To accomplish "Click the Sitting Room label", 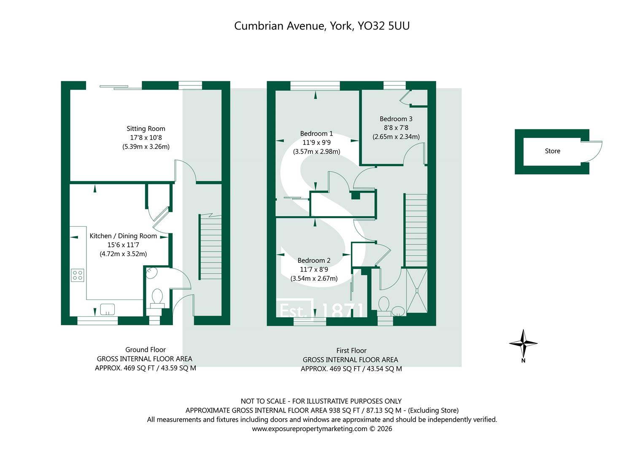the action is tap(146, 128).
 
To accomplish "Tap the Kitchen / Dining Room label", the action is tap(123, 236).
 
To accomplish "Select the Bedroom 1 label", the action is tap(316, 134).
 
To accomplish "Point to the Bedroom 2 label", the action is tap(314, 260).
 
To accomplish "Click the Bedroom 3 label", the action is tap(396, 119).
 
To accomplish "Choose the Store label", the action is tap(552, 151).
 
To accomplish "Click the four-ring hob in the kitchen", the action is tap(77, 275).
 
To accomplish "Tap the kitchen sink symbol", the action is tap(108, 309).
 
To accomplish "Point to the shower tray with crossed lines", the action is tap(417, 290).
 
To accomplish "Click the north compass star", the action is tap(523, 343).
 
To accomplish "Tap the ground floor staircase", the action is tap(210, 247).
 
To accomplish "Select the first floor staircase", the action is tap(416, 231).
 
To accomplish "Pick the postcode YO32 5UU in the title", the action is tap(383, 26).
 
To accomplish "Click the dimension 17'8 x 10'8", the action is tap(146, 138).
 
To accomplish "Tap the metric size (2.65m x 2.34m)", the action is tap(396, 137).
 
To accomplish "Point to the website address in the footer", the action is tap(310, 429).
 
